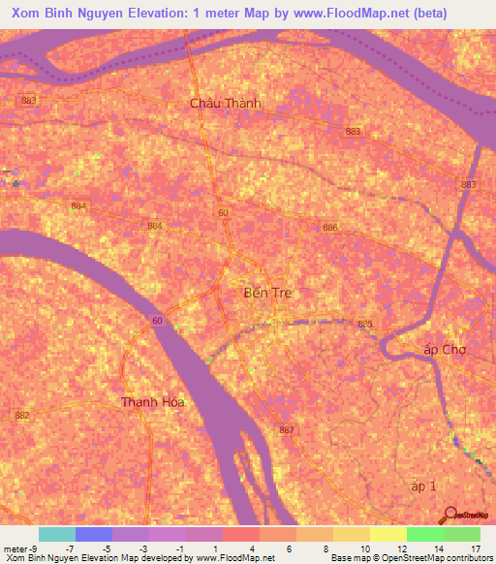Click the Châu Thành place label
(226, 103)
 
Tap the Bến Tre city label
(266, 292)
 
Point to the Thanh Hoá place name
(152, 401)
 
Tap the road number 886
(331, 227)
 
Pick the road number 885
(365, 324)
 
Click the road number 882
(22, 415)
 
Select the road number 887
(286, 429)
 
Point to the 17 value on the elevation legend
(475, 548)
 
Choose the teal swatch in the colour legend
(56, 534)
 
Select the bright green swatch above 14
(424, 534)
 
